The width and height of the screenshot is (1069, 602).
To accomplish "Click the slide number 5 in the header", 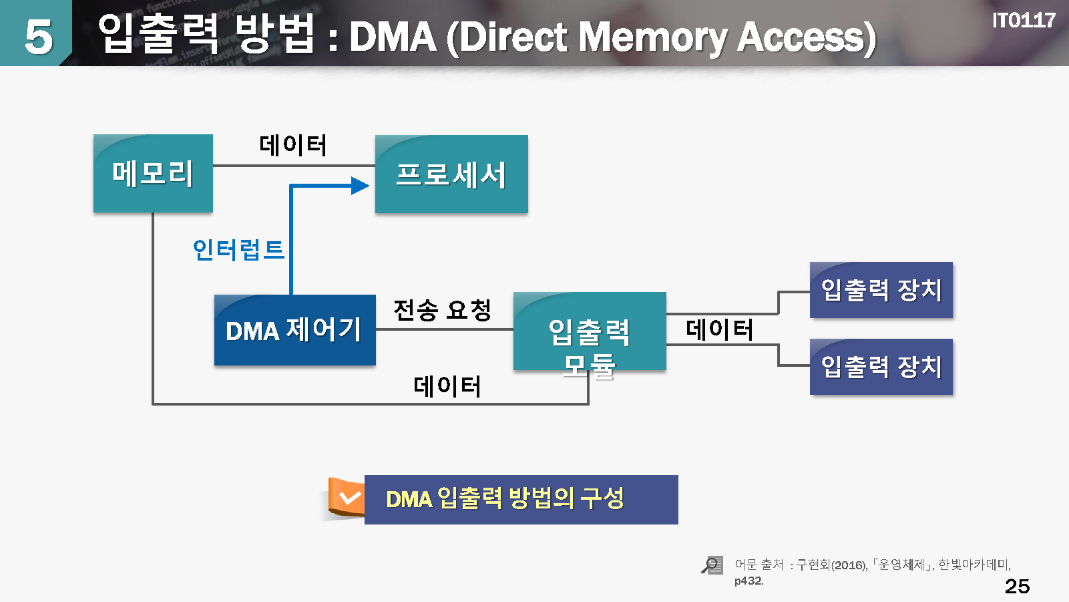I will coord(38,37).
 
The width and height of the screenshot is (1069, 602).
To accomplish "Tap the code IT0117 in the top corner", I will coord(1023,21).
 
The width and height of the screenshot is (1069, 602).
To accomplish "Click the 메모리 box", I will coord(153,174).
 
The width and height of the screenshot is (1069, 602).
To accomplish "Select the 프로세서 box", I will coord(451,174).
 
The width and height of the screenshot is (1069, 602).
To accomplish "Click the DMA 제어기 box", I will coord(294,330).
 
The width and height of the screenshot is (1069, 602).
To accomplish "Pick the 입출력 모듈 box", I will coord(590,332).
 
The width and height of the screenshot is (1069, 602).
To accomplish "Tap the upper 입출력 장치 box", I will coord(881,290).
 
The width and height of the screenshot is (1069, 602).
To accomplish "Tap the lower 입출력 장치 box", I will coord(881,367).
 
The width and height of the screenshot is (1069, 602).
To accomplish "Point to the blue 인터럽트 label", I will coord(238,250).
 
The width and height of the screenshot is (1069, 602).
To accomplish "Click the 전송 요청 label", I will coord(443,310).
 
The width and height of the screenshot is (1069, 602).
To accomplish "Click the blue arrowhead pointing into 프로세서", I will coord(361,186).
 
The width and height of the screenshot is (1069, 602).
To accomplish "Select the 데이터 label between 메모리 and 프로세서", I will coord(293,145).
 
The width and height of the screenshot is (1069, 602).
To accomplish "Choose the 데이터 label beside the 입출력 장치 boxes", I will coord(720,329).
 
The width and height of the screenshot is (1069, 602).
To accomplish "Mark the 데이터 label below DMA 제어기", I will coord(447,386).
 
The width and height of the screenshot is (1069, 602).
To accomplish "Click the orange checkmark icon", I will coord(349,498).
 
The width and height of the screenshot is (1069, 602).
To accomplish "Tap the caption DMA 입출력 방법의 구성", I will coord(505,499).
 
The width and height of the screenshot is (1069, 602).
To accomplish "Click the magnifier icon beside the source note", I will coord(712,565).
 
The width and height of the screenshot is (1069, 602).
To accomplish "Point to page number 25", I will coord(1017,586).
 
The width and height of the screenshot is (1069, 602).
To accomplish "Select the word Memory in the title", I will coord(652,37).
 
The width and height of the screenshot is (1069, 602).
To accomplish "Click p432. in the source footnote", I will coord(749,581).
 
